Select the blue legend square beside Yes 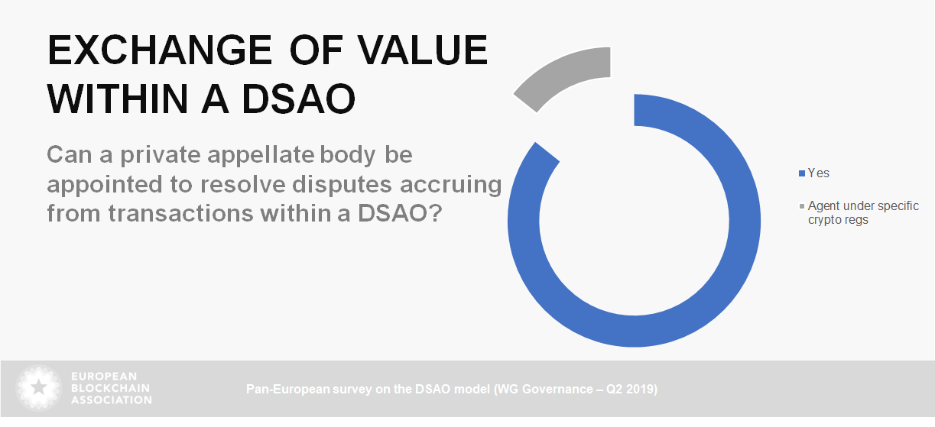(x=802, y=173)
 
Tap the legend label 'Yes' (x=818, y=173)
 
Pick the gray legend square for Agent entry (x=802, y=206)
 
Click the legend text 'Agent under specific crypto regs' (x=863, y=212)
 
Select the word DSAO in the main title (x=298, y=99)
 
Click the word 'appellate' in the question (x=261, y=156)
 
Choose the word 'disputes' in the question (x=343, y=185)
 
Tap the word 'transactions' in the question (x=180, y=214)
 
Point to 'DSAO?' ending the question (x=400, y=214)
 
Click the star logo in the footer (x=38, y=388)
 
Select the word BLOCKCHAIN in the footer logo (x=111, y=388)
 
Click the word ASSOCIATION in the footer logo (x=112, y=400)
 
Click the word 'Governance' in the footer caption (x=557, y=389)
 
